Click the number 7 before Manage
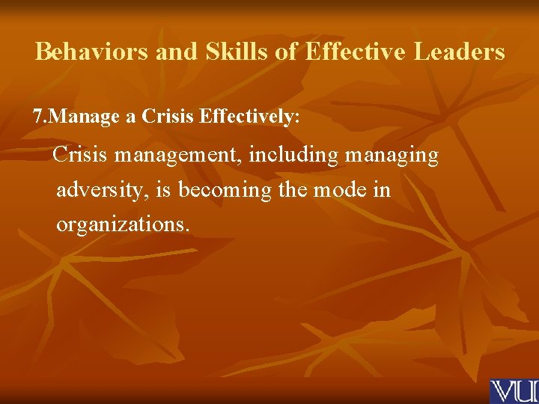[38, 117]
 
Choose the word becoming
[225, 190]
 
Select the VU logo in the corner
[514, 391]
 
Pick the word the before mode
[293, 190]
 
